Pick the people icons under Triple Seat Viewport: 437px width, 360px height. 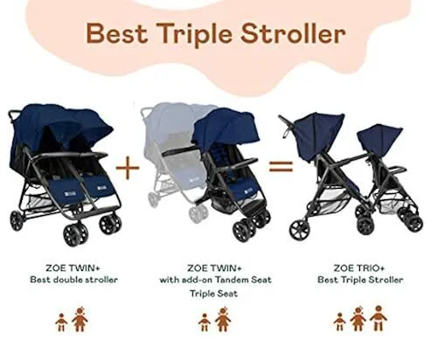[214, 322]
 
